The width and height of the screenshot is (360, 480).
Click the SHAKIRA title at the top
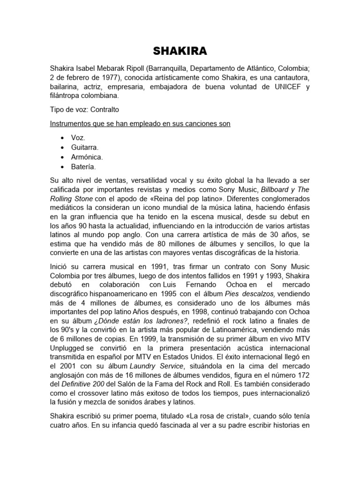point(180,50)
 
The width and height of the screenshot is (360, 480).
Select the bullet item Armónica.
point(87,157)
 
